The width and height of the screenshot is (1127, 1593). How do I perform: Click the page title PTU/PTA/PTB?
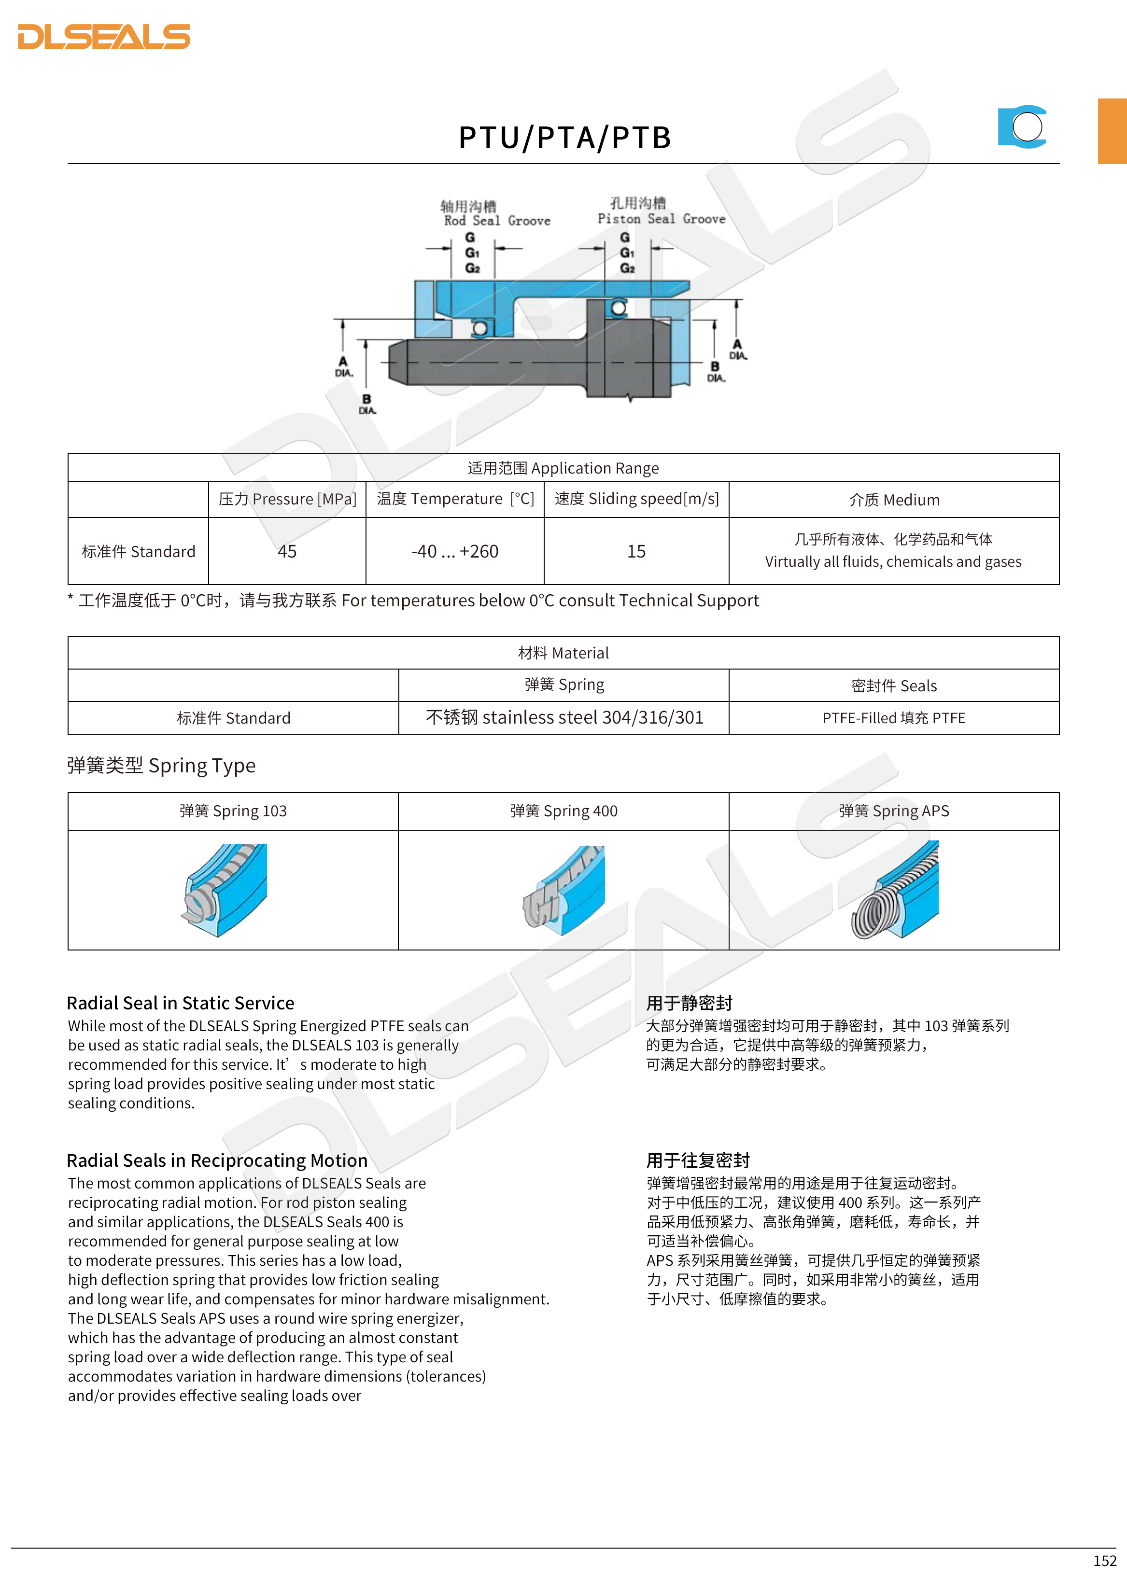click(564, 138)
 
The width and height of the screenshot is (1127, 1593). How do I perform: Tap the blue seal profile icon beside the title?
click(1022, 127)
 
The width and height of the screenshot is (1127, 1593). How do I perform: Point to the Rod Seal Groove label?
click(497, 221)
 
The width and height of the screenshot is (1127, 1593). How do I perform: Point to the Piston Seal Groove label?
click(662, 219)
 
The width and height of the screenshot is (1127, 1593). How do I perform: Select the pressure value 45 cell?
click(287, 552)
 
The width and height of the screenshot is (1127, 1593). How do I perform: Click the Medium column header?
click(894, 500)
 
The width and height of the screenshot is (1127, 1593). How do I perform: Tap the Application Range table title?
click(563, 468)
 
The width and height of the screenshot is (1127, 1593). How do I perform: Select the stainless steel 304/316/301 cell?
click(564, 717)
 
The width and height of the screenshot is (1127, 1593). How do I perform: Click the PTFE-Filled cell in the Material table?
click(894, 718)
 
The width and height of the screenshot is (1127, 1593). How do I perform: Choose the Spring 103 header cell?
click(233, 811)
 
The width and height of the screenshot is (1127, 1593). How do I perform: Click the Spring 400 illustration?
click(564, 890)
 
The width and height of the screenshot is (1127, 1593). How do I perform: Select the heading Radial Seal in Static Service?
click(181, 1003)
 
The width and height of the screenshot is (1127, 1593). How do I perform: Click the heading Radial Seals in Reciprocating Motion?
click(217, 1161)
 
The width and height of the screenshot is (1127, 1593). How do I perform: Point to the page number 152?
click(1104, 1561)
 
